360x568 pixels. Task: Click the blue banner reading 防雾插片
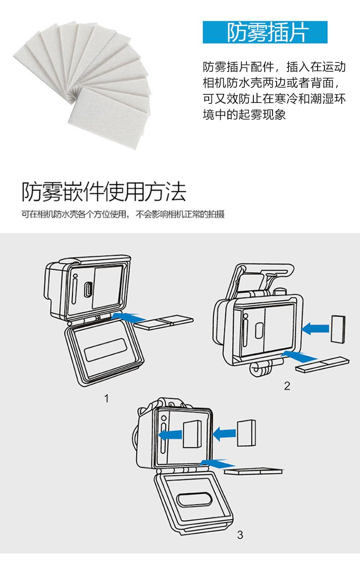coord(265,32)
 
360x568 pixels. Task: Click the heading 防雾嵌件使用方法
coord(104,192)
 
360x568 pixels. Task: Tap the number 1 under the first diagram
coord(107,399)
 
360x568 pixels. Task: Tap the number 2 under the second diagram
coord(287,386)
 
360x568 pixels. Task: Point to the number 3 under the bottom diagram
coord(240,535)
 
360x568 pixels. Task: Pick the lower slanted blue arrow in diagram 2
coord(298,355)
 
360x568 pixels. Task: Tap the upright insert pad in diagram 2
coord(339,330)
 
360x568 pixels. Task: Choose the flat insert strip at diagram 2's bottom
coord(322,364)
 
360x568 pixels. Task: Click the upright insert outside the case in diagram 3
coord(246,433)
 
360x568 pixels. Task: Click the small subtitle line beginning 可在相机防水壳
coord(123,215)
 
